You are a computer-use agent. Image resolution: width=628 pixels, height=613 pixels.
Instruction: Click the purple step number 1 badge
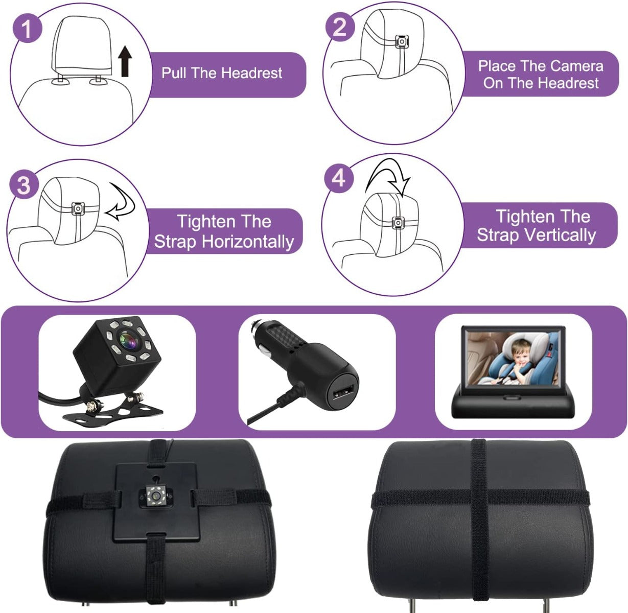[x=28, y=29]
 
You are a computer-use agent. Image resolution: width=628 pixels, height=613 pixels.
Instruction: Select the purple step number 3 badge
[x=24, y=185]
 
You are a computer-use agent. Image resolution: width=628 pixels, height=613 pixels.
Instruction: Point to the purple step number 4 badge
[x=338, y=178]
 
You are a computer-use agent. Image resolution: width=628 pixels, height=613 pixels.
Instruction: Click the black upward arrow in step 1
[x=125, y=61]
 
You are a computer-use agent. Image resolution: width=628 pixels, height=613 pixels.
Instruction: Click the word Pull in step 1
[x=174, y=73]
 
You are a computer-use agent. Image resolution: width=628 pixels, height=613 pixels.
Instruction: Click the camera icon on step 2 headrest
[x=402, y=41]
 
